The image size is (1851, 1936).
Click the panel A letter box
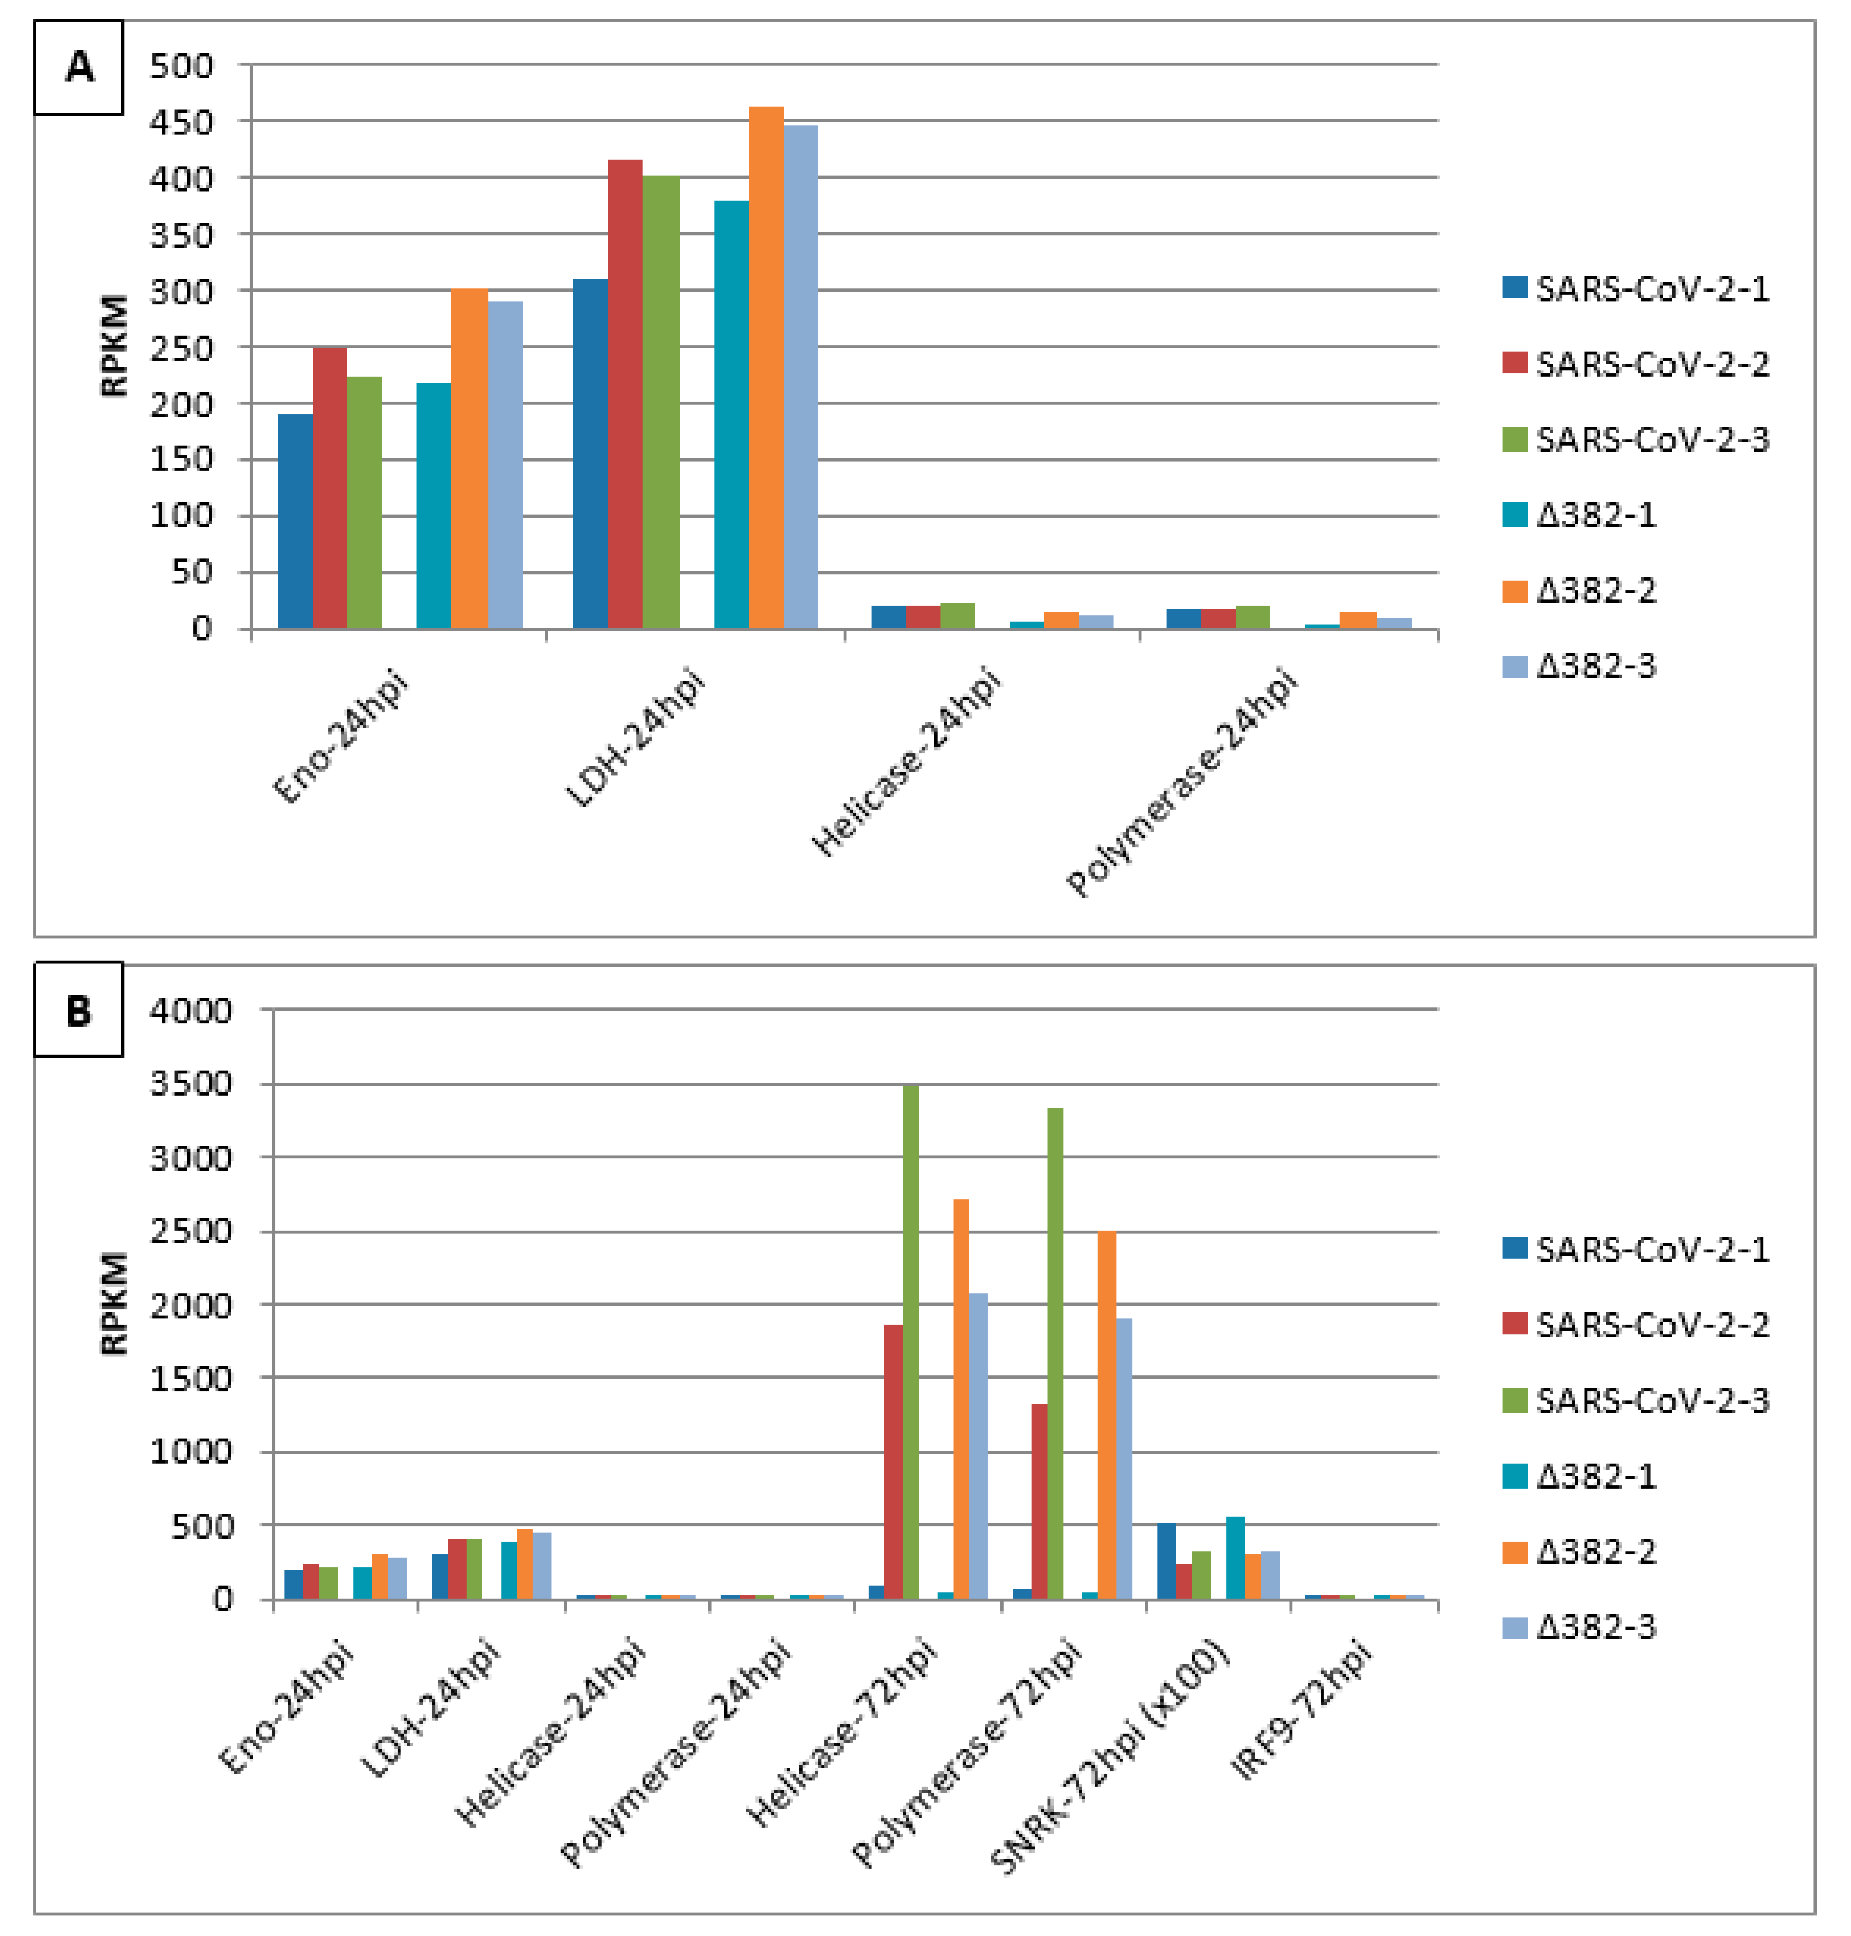tap(79, 67)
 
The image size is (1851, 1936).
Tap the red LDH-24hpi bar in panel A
tap(625, 395)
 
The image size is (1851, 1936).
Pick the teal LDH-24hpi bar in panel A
tap(731, 414)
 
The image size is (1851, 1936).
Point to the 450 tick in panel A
tap(181, 122)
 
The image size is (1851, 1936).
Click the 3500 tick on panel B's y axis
tap(191, 1084)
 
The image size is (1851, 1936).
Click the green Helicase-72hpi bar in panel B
tap(911, 1341)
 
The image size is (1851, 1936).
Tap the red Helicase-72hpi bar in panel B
tap(893, 1461)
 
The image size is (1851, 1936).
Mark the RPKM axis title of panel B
tap(114, 1304)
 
